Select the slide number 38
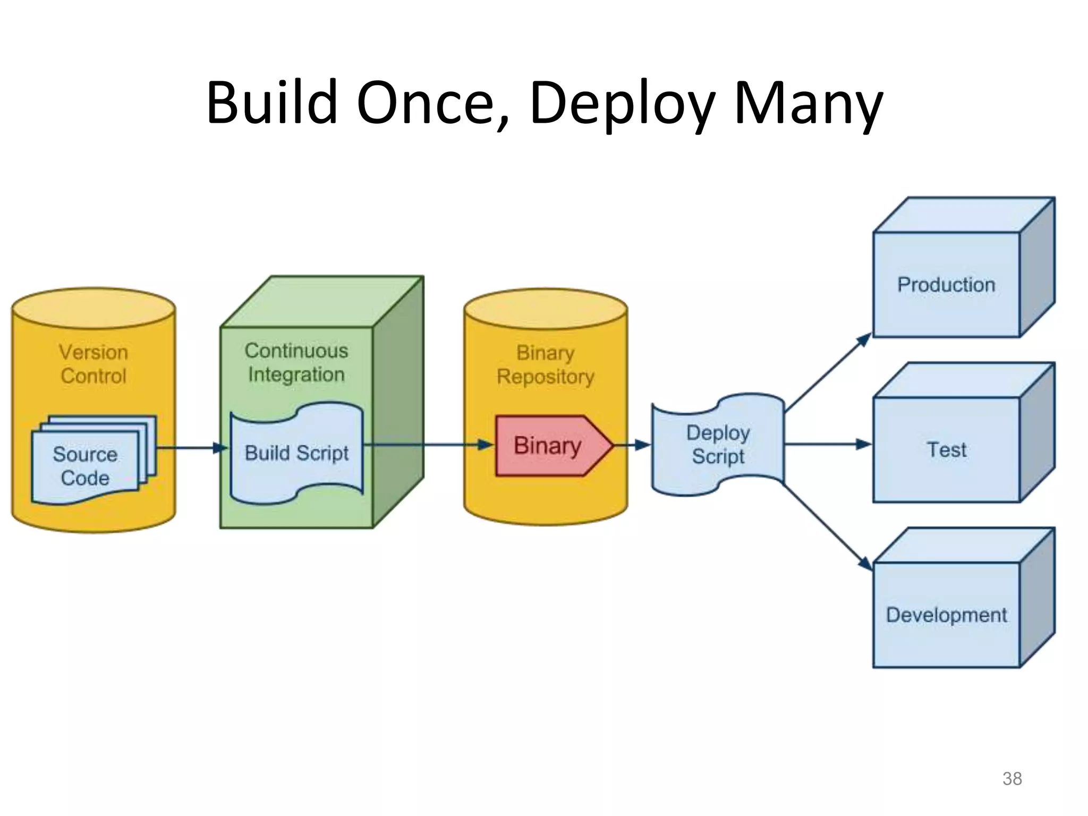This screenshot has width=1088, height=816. point(1011,778)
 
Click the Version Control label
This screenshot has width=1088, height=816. point(93,364)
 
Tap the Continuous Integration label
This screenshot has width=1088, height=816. point(296,362)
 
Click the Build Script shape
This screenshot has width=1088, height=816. point(296,453)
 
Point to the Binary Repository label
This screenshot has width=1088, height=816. point(546,364)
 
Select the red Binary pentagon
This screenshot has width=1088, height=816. point(550,445)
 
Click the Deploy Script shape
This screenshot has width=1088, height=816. point(718,445)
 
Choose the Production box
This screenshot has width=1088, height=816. point(946,285)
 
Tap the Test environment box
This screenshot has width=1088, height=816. point(946,450)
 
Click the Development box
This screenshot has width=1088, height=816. point(946,615)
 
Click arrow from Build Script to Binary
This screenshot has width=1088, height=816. point(425,445)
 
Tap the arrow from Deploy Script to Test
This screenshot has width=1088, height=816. point(826,445)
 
